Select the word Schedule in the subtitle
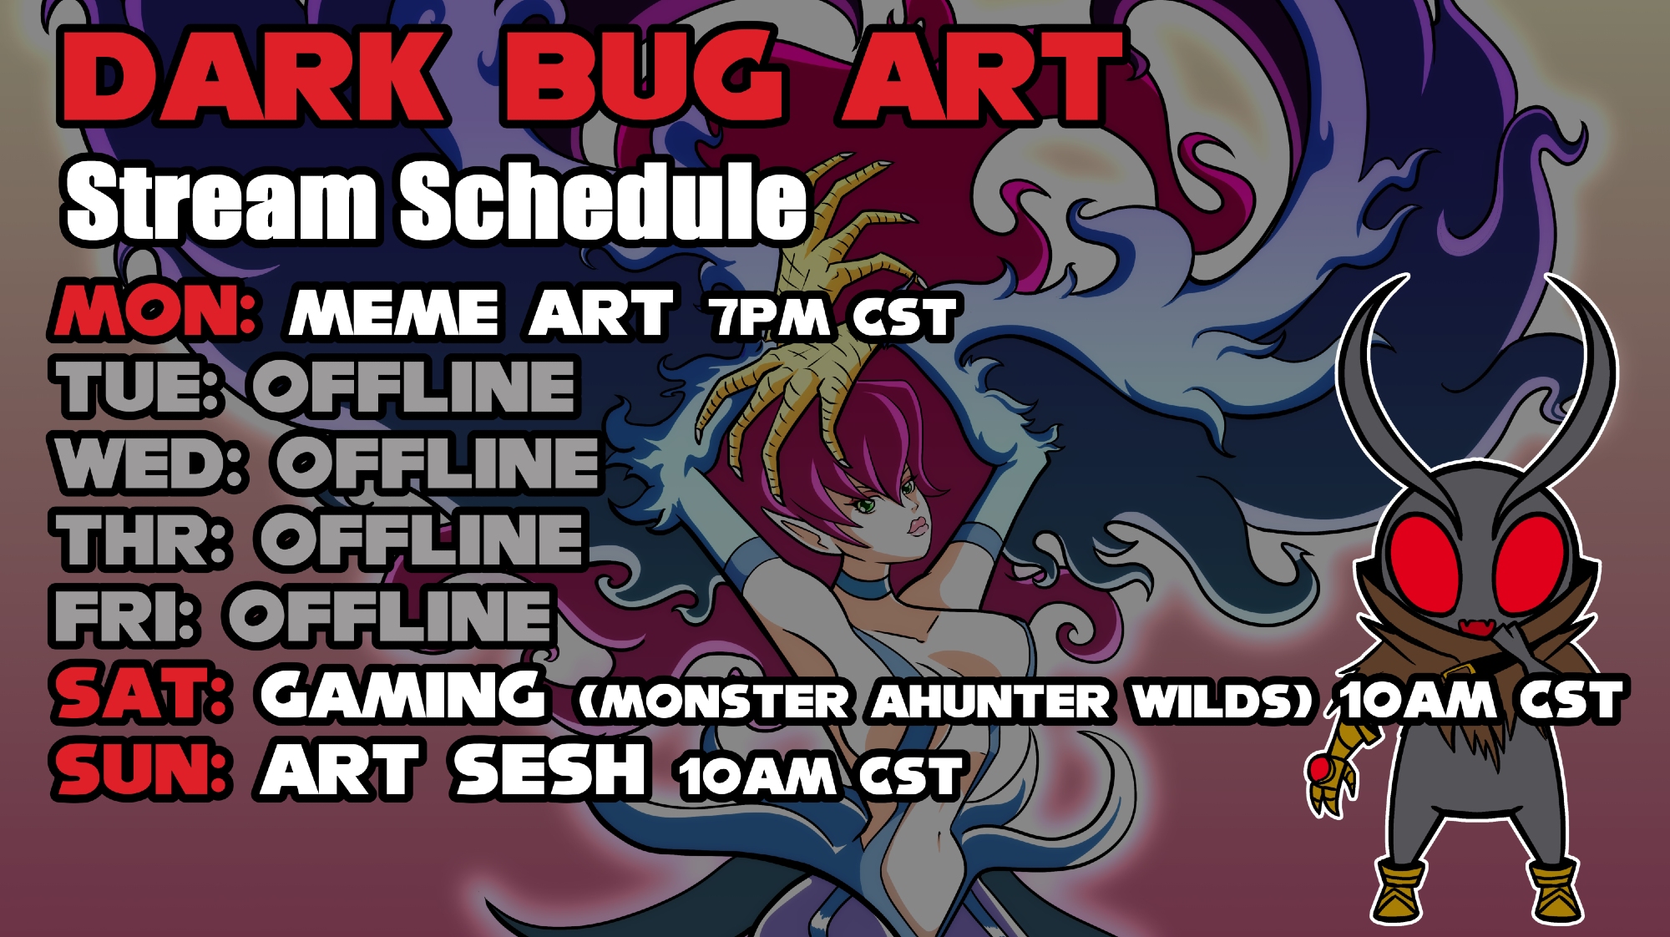click(x=604, y=200)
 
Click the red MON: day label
click(x=154, y=311)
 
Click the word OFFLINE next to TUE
click(x=415, y=387)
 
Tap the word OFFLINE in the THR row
click(x=422, y=539)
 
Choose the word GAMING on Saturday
click(x=402, y=695)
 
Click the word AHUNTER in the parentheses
click(x=991, y=700)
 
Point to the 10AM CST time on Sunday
click(x=821, y=776)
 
